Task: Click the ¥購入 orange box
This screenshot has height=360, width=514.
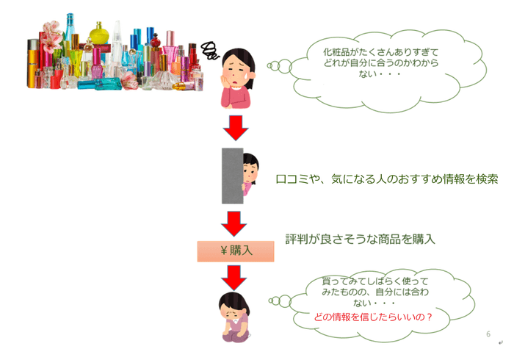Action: (236, 251)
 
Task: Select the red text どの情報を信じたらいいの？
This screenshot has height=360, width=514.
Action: (372, 318)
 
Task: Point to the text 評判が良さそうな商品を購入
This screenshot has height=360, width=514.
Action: (360, 239)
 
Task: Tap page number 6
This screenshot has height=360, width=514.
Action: (488, 334)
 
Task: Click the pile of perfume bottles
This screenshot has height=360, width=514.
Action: (110, 55)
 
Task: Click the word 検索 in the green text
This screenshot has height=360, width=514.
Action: (485, 179)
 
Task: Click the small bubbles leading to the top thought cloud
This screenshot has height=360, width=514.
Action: (280, 67)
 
